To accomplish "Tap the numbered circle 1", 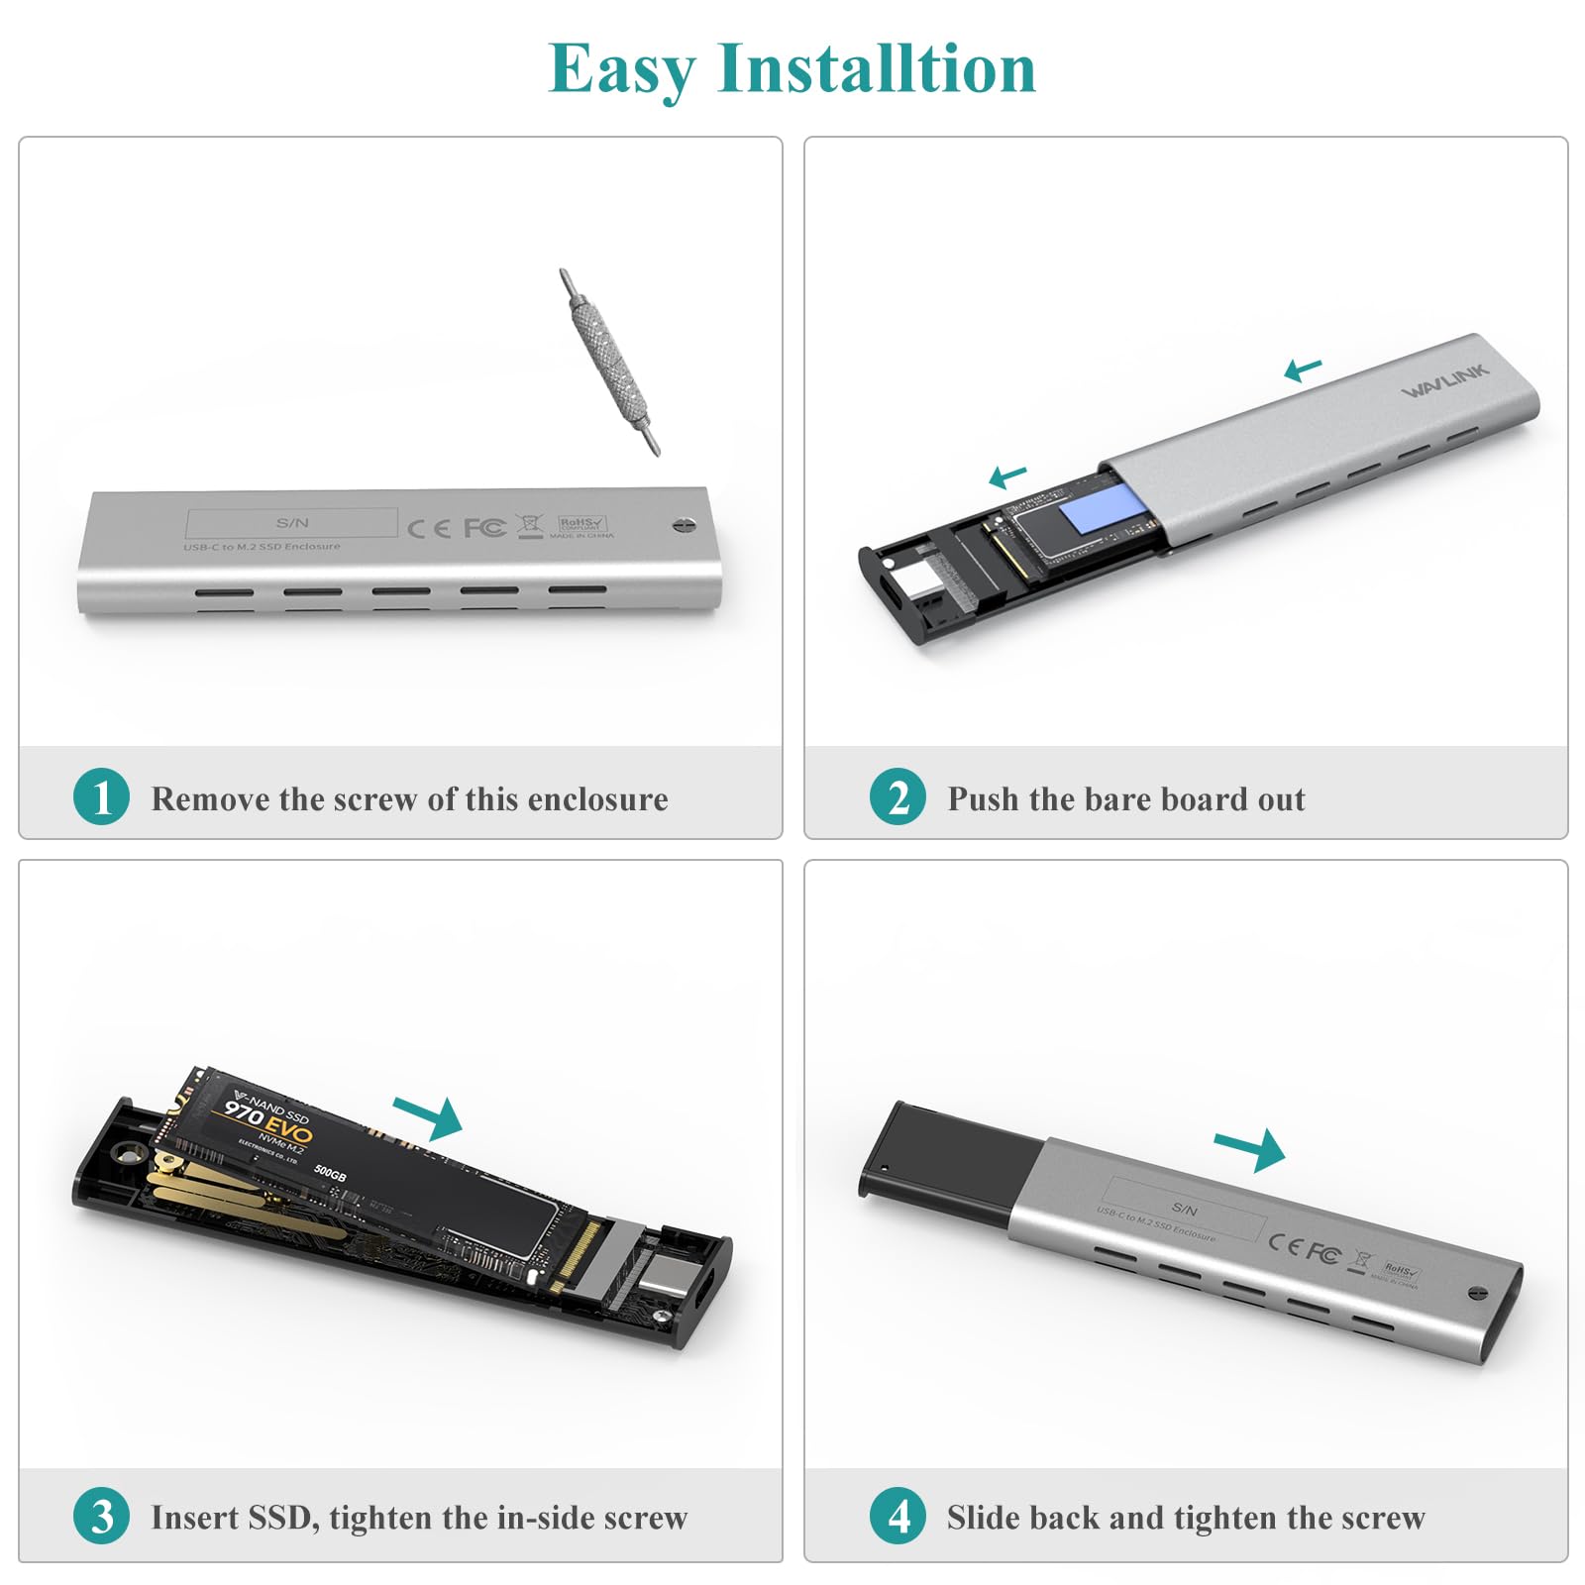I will [x=101, y=796].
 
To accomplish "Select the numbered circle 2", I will [x=898, y=796].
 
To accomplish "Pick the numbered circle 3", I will [x=101, y=1516].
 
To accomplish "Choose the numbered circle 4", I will [x=898, y=1516].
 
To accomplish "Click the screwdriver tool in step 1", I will [x=608, y=361].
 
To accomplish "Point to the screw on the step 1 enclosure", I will [x=684, y=525].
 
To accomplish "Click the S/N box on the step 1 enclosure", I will [x=292, y=522].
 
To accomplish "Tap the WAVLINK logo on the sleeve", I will [x=1444, y=380].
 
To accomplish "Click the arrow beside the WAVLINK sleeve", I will [x=1303, y=370].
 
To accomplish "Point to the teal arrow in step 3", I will [x=430, y=1117].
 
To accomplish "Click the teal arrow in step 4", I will [x=1251, y=1149].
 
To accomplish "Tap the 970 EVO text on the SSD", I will [x=267, y=1122].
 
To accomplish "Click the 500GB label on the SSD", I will [x=330, y=1173].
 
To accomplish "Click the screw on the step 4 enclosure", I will [x=1477, y=1293].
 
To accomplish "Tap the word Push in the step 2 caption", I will [x=983, y=798].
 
